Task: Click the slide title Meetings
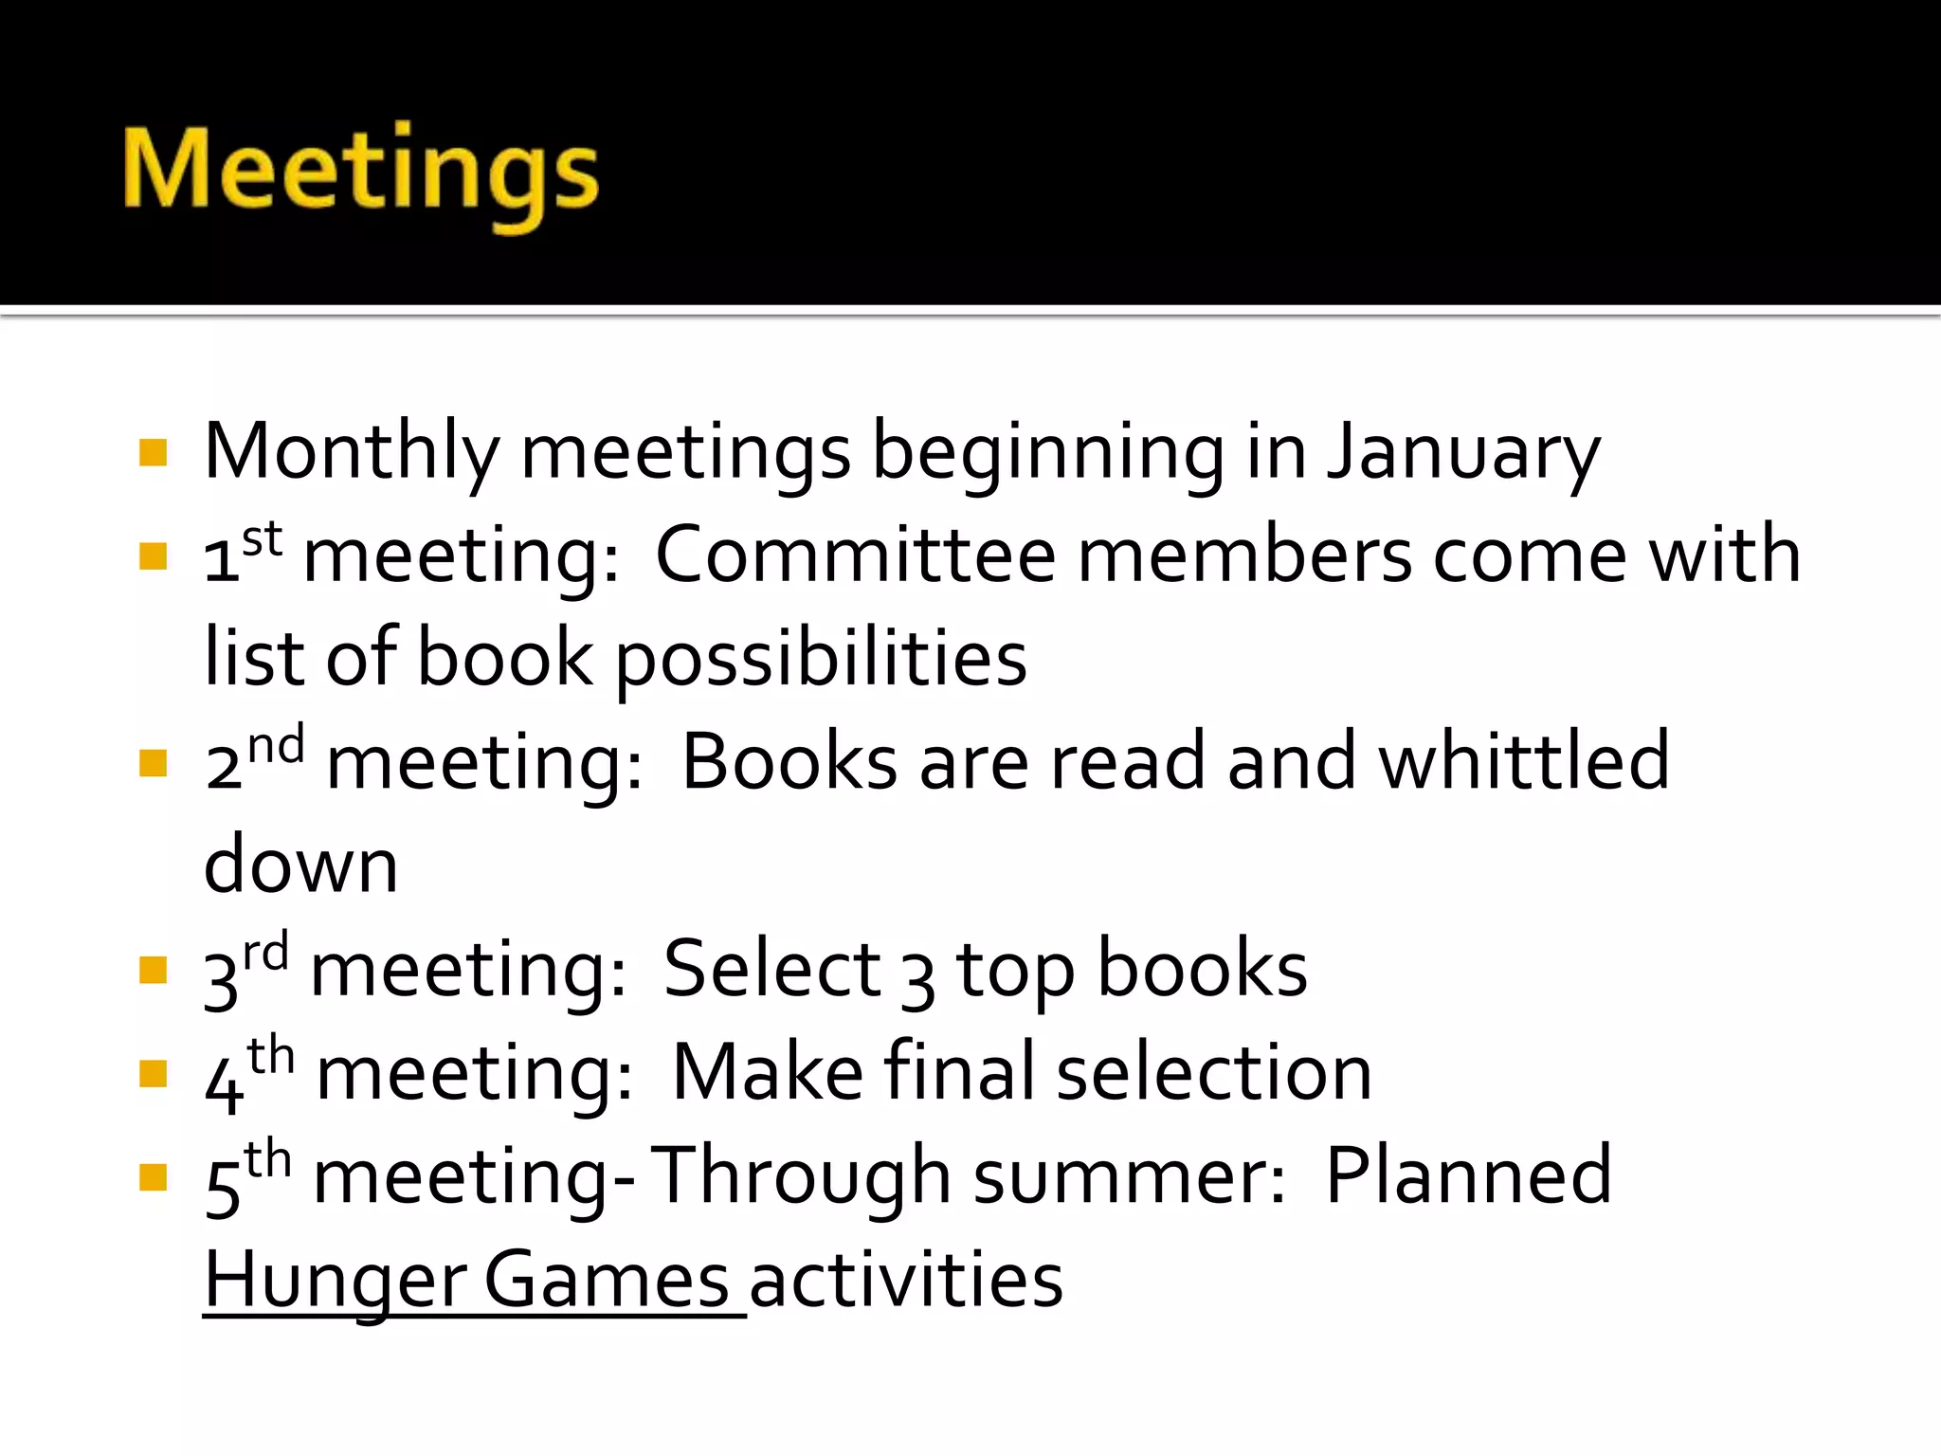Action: tap(360, 171)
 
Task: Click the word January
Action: tap(1462, 453)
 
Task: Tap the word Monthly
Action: tap(351, 453)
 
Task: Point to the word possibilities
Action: tap(821, 659)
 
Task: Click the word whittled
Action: tap(1523, 761)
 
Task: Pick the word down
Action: tap(300, 864)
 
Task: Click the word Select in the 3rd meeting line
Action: tap(771, 969)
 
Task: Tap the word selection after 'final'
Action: tap(1214, 1072)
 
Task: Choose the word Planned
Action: tap(1468, 1175)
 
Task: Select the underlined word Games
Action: tap(607, 1280)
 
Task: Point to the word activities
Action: tap(906, 1280)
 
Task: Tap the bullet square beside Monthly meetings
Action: tap(153, 452)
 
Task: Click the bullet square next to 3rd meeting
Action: tap(153, 970)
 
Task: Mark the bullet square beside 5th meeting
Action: tap(153, 1176)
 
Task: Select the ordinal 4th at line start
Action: tap(249, 1071)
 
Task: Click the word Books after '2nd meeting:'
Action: tap(789, 761)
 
